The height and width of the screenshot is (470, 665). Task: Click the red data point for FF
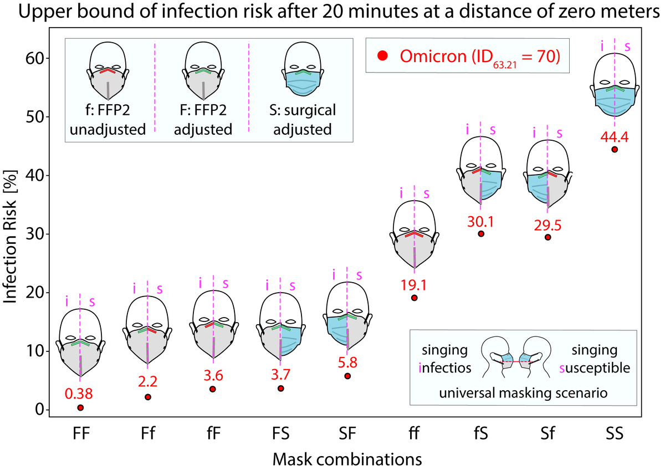tap(81, 407)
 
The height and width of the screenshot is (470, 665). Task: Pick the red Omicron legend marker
tap(382, 55)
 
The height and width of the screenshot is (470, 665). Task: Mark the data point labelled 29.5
tap(548, 237)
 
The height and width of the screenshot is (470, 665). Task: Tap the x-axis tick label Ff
tap(147, 435)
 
